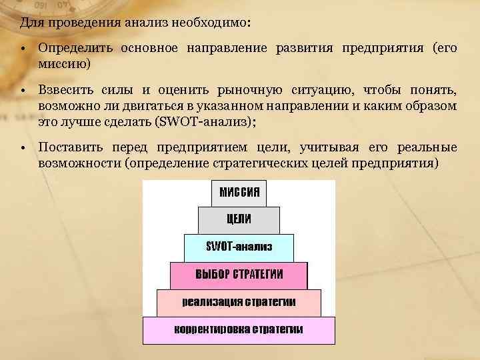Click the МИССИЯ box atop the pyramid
click(x=239, y=193)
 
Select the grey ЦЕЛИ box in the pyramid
click(x=239, y=220)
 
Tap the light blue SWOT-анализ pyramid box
click(x=239, y=247)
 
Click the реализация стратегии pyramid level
click(x=239, y=302)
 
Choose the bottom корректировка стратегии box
click(x=239, y=329)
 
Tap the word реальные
click(x=427, y=147)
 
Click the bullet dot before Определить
click(x=23, y=49)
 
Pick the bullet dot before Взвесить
click(x=23, y=91)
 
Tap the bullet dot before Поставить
click(x=23, y=148)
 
